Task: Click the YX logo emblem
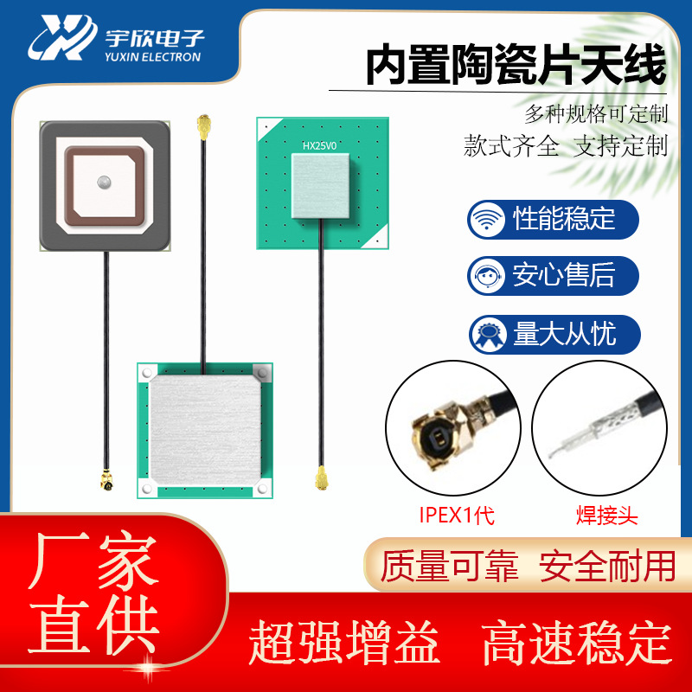pos(61,37)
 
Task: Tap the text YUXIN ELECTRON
pos(152,58)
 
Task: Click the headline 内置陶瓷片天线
pos(516,66)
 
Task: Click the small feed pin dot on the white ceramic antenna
pos(104,183)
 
